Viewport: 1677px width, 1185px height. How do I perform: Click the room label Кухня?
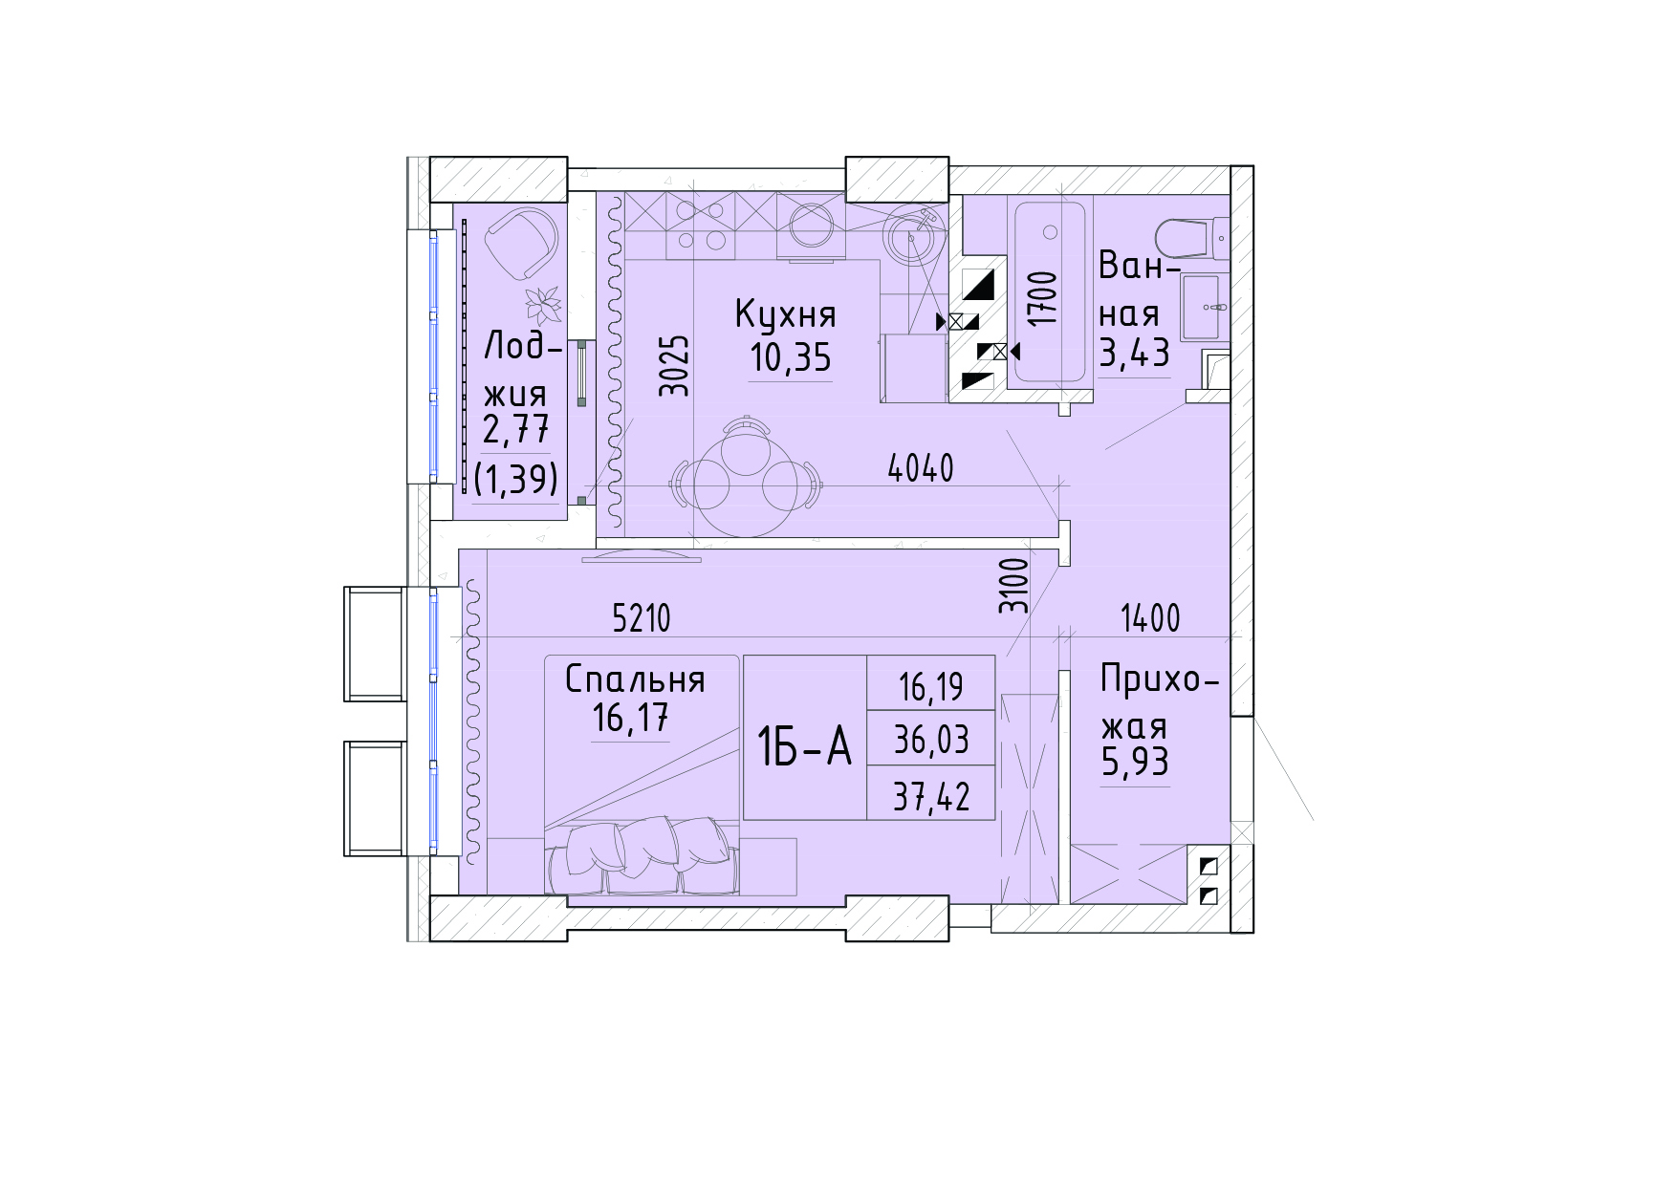tap(785, 313)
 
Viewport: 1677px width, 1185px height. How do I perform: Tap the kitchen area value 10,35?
tap(791, 357)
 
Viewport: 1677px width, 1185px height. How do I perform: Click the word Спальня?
tap(635, 679)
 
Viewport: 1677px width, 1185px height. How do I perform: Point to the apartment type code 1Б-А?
tap(804, 746)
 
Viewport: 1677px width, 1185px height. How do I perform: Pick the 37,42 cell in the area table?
tap(931, 796)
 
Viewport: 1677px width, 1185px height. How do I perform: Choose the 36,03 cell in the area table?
tap(931, 740)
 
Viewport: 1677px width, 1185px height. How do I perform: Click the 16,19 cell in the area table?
tap(931, 686)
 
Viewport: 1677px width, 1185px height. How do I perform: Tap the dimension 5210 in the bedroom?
tap(642, 619)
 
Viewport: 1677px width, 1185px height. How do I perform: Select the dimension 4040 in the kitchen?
tap(921, 468)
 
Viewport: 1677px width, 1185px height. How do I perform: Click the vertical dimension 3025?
tap(675, 365)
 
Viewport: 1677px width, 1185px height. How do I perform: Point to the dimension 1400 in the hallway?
tap(1150, 618)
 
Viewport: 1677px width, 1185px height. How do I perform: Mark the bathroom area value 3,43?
tap(1134, 353)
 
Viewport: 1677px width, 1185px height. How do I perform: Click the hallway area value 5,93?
tap(1135, 763)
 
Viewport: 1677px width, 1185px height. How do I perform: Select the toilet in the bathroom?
tap(1190, 237)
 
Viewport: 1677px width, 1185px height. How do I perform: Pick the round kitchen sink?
tap(913, 233)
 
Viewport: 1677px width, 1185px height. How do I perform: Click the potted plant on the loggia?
tap(543, 306)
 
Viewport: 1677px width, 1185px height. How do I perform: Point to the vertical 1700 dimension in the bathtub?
tap(1046, 299)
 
